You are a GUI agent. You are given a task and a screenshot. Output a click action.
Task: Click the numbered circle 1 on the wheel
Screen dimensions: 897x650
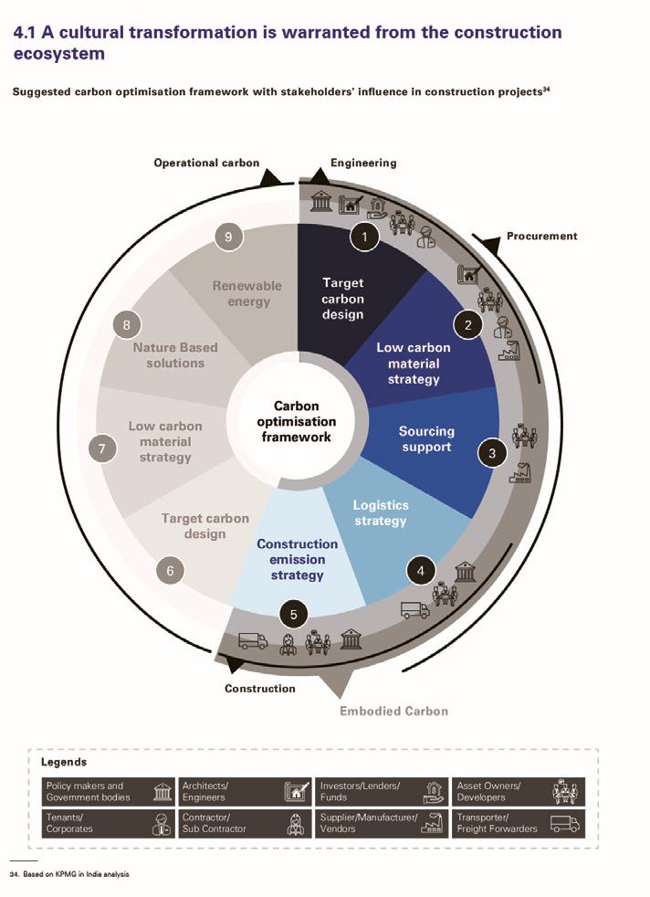(364, 237)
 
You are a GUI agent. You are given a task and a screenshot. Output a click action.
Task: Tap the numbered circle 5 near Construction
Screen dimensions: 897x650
(293, 615)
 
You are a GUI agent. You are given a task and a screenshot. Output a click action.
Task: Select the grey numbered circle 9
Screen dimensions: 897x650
(228, 237)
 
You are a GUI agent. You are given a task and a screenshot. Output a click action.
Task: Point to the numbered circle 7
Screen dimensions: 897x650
(100, 448)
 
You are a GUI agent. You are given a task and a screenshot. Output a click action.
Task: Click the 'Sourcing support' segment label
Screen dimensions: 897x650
(425, 438)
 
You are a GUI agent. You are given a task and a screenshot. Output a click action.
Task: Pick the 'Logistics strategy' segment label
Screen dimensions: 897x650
(381, 512)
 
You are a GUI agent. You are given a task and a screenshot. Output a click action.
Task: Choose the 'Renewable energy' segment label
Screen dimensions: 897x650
(247, 292)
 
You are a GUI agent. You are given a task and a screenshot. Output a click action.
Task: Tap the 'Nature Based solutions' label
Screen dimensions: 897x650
(175, 354)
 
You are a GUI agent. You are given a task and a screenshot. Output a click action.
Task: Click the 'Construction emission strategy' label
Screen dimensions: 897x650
(297, 559)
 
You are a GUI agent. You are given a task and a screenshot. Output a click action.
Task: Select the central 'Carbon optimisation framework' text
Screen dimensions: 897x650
(296, 421)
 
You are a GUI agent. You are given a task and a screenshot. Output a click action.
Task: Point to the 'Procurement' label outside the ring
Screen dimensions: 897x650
(541, 236)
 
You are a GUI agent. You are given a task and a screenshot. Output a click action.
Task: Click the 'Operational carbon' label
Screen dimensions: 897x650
(206, 163)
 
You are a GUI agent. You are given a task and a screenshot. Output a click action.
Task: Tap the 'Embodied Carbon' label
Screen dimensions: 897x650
(393, 711)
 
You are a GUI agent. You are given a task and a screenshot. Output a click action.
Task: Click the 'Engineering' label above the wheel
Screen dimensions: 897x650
(363, 163)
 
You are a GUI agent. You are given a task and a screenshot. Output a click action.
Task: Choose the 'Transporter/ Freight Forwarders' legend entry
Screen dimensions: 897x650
(518, 822)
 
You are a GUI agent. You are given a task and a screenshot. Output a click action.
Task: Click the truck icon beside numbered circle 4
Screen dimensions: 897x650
(414, 609)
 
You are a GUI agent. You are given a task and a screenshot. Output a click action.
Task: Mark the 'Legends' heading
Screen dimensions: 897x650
(64, 761)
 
